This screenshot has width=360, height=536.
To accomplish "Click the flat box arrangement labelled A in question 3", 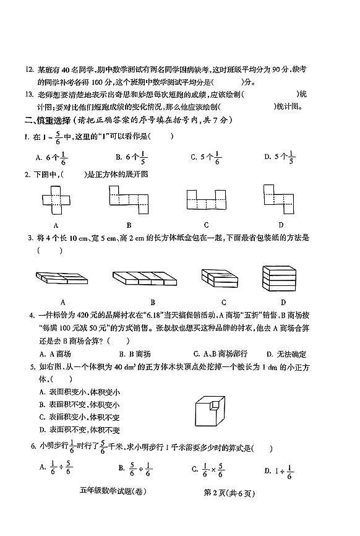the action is (x=64, y=278).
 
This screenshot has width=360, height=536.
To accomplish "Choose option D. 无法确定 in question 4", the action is (x=286, y=354).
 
